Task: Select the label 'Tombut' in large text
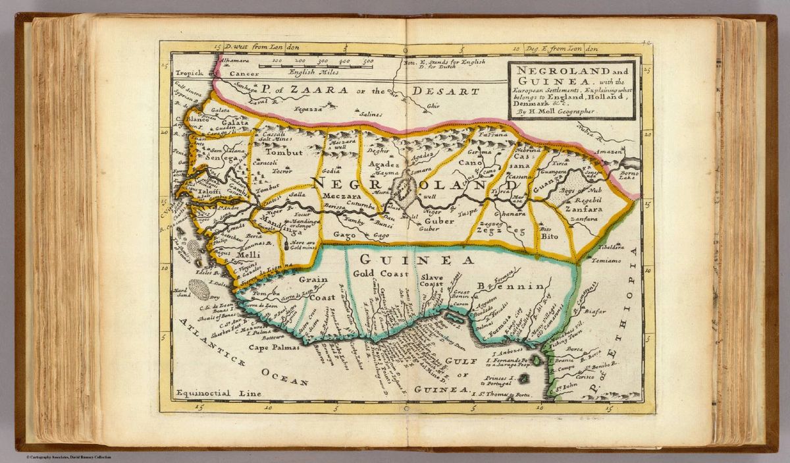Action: point(284,152)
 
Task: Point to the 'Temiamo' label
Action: point(610,261)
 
